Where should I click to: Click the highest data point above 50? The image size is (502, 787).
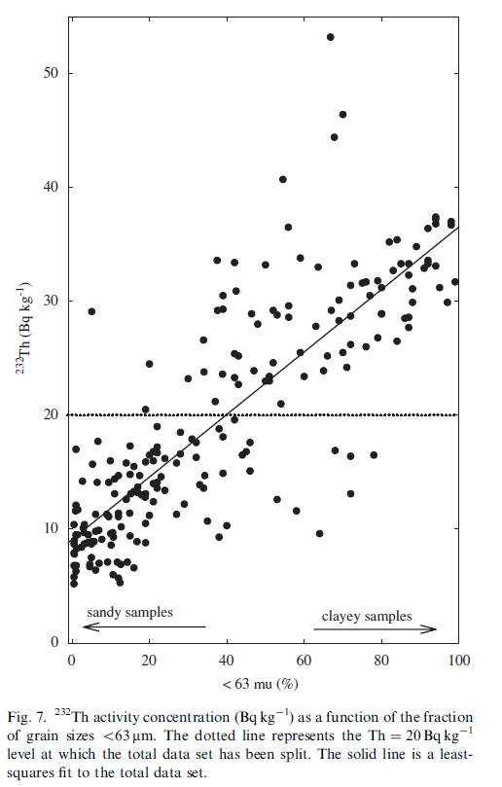pos(331,37)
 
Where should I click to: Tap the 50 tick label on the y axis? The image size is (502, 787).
pos(51,73)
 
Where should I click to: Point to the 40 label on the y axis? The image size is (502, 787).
pos(51,187)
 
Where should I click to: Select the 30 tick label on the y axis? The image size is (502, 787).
pos(51,301)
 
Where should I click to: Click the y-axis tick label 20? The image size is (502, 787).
pos(51,414)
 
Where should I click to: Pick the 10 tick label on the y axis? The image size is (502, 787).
pos(51,528)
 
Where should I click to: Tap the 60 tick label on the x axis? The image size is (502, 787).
pos(304,660)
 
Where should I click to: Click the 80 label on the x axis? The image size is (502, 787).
pos(381,660)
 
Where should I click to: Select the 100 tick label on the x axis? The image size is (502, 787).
pos(459,660)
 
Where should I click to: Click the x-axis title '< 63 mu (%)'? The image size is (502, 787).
pos(261,684)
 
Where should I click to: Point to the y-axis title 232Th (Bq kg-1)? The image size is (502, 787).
pos(25,328)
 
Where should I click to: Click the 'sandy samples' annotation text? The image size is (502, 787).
pos(129,612)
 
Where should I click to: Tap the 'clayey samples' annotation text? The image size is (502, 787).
pos(367,617)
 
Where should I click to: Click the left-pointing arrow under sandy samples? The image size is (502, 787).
pos(145,626)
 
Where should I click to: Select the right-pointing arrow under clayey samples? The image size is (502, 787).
pos(375,628)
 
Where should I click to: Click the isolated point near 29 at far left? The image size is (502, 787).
pos(91,311)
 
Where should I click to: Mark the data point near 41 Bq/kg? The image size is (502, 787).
pos(283,180)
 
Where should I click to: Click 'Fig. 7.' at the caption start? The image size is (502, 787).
pos(26,717)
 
